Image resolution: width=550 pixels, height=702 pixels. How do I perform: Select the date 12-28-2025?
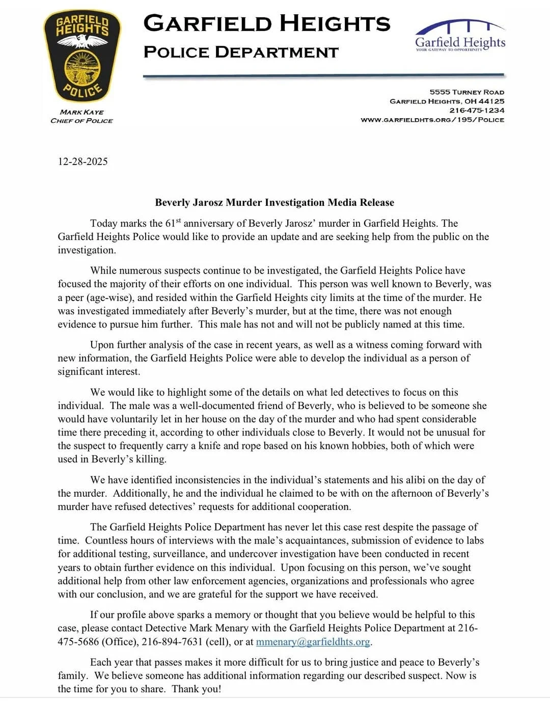click(82, 161)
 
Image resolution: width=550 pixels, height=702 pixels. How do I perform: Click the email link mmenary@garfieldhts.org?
click(313, 642)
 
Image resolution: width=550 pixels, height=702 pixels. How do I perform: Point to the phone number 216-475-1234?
click(477, 111)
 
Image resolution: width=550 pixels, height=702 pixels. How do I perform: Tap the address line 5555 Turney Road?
click(466, 92)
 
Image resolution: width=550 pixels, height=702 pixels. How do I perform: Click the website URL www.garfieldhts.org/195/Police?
click(432, 120)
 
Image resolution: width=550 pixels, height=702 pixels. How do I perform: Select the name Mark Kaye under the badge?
click(81, 112)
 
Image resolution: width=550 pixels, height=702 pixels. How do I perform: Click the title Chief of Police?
click(81, 121)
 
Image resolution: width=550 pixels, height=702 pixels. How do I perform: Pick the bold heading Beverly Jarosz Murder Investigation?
click(274, 202)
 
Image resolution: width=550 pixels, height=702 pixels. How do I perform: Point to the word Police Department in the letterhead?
click(241, 52)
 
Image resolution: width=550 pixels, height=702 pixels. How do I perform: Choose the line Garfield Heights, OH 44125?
click(447, 101)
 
